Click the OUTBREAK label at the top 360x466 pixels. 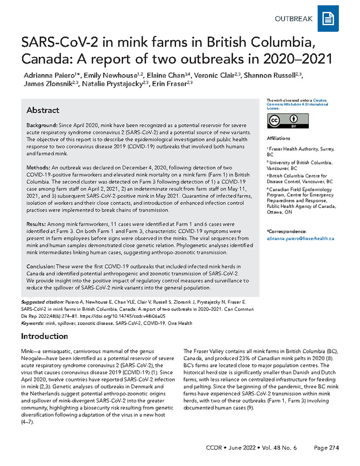tap(293, 19)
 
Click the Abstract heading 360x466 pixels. tap(43, 111)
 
